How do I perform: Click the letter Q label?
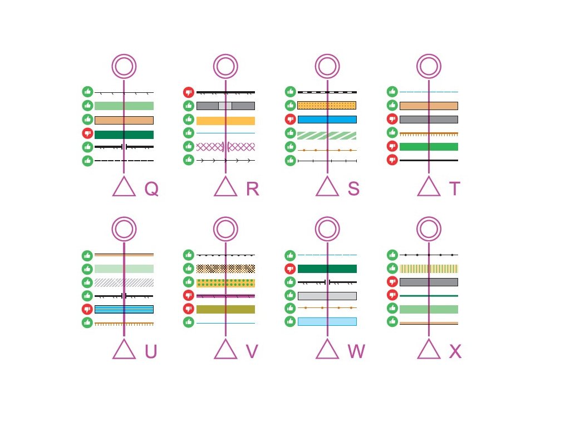[151, 190]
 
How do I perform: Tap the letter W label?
[356, 351]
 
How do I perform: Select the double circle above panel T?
[429, 67]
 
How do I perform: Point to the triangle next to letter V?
[225, 350]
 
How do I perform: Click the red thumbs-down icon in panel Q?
[87, 133]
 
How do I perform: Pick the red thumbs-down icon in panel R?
[189, 92]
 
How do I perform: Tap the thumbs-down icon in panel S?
[291, 119]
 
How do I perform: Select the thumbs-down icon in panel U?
[87, 309]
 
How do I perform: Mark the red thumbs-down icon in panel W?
[291, 269]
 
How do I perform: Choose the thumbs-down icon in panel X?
[392, 296]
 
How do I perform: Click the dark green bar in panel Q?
[124, 134]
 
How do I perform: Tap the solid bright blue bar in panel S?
[327, 119]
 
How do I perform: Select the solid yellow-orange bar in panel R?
[225, 121]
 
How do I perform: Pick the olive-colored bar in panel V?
[225, 309]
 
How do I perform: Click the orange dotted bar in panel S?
[327, 106]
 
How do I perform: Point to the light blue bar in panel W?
[327, 321]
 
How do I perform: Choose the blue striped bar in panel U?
[124, 309]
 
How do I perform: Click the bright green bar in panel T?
[429, 147]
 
